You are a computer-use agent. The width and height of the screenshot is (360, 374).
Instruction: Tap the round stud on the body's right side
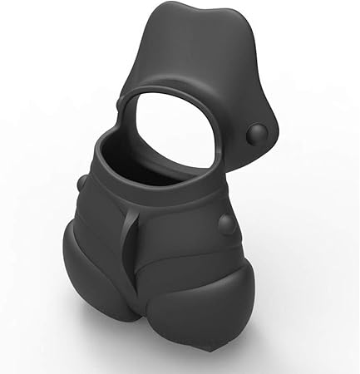[225, 223]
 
